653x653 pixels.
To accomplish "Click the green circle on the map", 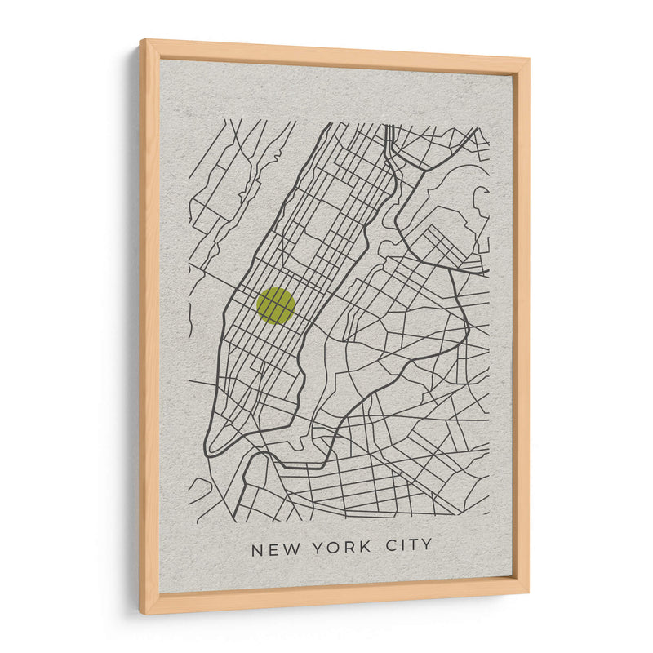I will pos(276,306).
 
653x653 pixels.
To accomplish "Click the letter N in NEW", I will pos(258,549).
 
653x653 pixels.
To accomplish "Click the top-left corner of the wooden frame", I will pos(141,40).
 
